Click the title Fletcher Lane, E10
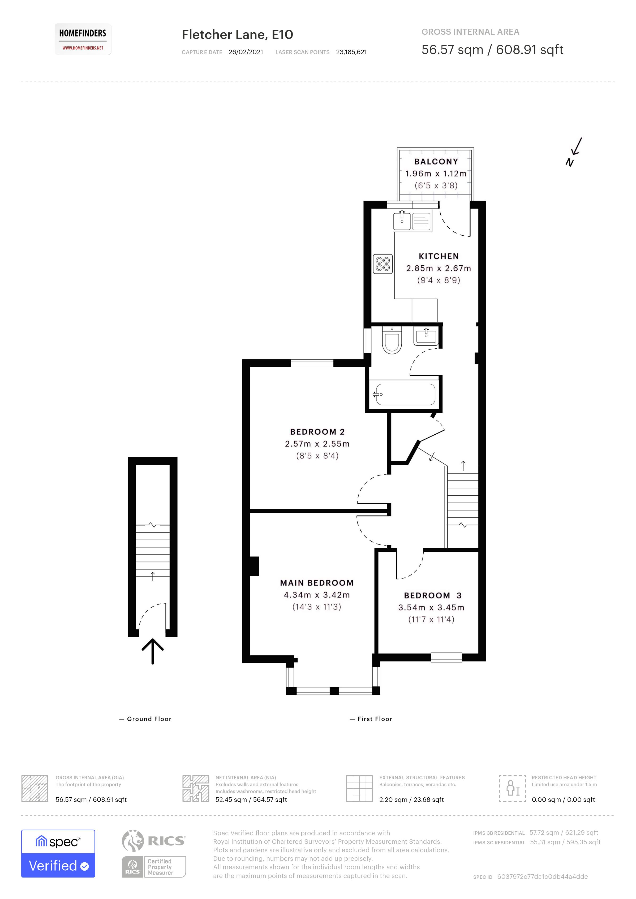[237, 34]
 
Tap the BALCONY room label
[436, 162]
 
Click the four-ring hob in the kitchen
[383, 264]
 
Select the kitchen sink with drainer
[412, 221]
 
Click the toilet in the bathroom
[392, 341]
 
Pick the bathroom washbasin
[426, 337]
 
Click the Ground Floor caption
[149, 719]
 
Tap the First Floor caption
[374, 719]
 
